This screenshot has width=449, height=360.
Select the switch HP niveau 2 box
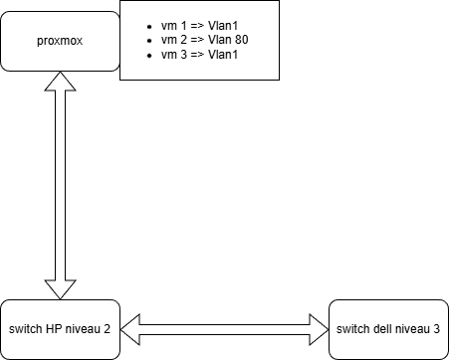[x=60, y=328]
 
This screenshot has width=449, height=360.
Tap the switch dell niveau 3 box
[x=388, y=328]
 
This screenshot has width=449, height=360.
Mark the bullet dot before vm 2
[x=150, y=38]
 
